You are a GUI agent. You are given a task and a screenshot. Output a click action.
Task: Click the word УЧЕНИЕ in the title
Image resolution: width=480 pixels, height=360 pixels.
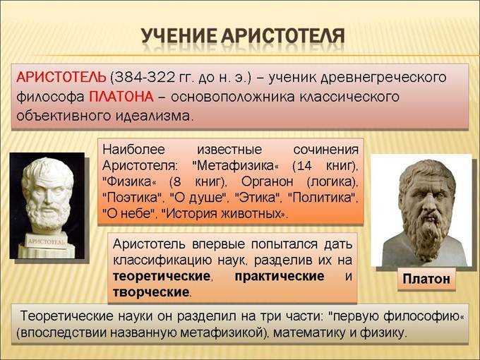click(179, 36)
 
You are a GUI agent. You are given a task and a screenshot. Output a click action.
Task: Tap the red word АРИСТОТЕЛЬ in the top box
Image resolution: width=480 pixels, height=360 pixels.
click(61, 77)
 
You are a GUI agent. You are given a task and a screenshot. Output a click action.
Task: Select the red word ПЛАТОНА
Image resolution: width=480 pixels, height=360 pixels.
click(121, 97)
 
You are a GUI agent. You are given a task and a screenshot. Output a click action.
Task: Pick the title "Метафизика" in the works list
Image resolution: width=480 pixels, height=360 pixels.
click(235, 166)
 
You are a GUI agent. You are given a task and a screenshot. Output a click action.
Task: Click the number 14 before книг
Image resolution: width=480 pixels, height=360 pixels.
click(304, 166)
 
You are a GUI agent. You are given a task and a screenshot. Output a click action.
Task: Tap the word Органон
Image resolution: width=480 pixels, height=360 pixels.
click(268, 182)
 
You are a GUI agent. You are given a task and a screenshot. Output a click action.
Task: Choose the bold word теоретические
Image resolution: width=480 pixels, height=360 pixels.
click(162, 277)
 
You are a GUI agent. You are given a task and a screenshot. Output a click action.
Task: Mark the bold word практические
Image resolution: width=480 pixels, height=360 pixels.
click(280, 277)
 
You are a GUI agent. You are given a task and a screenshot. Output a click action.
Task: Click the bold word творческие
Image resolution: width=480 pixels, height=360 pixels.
click(151, 292)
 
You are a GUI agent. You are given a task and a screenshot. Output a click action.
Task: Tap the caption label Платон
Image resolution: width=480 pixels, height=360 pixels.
click(426, 279)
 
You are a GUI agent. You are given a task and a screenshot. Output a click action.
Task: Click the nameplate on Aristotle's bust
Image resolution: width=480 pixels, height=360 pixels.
click(47, 241)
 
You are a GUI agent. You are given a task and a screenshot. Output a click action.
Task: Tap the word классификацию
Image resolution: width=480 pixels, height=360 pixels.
click(162, 260)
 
